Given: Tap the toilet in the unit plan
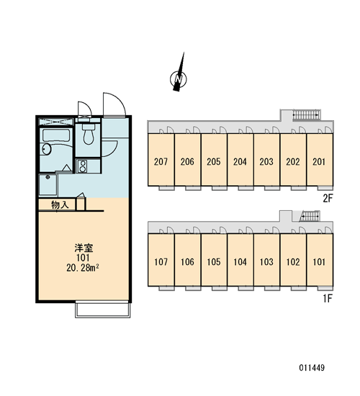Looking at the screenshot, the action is coord(88,134).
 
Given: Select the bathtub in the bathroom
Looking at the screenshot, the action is coord(56,135).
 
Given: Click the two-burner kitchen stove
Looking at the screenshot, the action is coord(82,166).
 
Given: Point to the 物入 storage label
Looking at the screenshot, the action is coord(60,204).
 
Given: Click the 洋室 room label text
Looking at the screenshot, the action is coord(84,248).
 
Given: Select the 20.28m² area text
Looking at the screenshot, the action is coord(82,268).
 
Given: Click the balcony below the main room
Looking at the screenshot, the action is coord(103,310).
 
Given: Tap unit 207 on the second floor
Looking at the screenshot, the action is coord(161,160).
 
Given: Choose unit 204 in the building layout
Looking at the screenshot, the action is coord(240,160).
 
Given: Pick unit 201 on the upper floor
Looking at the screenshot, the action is coord(320,160).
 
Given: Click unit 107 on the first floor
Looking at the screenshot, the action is coord(161,260).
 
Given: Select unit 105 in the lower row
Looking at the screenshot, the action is coord(214,260).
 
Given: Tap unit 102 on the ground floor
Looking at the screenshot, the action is coord(293,260).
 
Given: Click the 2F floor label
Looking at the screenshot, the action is coord(328,199).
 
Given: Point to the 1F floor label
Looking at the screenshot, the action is coord(328,299).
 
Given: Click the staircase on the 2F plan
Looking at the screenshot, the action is coord(306,115).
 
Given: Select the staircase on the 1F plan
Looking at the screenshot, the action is coord(310,216).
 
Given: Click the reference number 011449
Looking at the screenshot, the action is coord(312,367).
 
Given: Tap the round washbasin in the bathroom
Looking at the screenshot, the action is coord(46,149).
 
